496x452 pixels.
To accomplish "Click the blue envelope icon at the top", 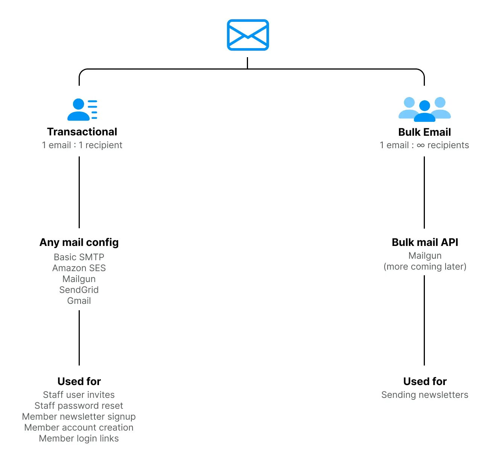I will point(248,35).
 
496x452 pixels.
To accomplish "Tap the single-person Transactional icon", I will point(82,109).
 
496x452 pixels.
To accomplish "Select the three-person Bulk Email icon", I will point(424,109).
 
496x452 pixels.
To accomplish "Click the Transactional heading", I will point(82,132).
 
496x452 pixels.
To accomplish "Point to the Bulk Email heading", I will point(424,132).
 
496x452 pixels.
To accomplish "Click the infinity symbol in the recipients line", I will point(421,146).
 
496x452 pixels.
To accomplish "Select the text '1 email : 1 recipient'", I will point(82,145).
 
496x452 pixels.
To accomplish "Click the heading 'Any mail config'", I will point(79,243).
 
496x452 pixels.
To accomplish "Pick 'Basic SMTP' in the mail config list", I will point(79,257).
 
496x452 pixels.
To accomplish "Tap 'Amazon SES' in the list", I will point(79,268).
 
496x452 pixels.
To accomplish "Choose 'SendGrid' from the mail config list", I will point(79,290).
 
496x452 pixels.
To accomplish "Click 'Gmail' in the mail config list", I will point(79,301).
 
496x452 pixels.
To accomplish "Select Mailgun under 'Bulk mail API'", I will point(425,256).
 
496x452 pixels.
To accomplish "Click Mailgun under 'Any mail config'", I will point(79,279).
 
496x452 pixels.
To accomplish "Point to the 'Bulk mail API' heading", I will point(425,242).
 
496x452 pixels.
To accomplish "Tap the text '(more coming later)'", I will point(425,267).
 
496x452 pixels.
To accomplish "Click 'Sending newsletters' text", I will point(425,395).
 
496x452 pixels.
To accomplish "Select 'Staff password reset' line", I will point(79,406).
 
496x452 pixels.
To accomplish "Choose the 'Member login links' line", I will point(79,438).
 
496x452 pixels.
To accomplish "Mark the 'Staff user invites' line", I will point(79,395).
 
